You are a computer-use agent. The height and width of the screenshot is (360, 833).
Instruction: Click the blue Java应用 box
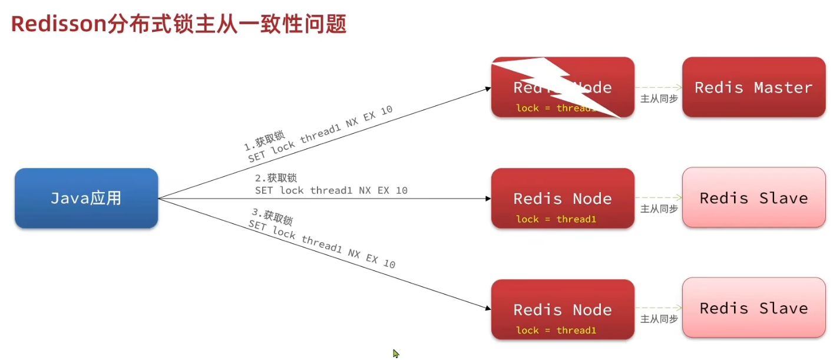point(86,198)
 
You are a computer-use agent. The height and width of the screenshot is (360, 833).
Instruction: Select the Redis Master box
point(753,87)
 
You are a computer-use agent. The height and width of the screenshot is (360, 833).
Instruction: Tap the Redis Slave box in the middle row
point(753,197)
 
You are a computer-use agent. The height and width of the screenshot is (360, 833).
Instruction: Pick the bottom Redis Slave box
point(753,308)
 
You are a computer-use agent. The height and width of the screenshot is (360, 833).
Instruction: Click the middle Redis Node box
point(563,199)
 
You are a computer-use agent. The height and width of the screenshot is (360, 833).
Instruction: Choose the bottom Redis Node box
point(563,309)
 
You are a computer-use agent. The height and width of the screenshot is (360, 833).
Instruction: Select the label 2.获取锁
point(276,178)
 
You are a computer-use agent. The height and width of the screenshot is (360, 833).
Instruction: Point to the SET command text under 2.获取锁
point(331,190)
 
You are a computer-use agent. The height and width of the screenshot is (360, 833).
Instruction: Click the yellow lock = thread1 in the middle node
point(556,219)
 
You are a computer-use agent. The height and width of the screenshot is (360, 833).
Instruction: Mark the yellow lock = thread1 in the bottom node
point(556,330)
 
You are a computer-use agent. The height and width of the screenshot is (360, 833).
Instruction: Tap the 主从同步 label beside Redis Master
point(659,98)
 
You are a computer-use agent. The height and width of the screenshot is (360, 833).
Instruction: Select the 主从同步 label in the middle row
point(659,209)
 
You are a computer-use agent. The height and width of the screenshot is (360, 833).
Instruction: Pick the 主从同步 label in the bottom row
point(659,319)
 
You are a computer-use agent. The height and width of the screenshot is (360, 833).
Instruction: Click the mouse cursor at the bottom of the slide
point(396,354)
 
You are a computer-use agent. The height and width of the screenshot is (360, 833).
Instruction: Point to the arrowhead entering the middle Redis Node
point(488,199)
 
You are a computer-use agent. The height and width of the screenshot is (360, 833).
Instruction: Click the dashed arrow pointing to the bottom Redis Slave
point(659,308)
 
